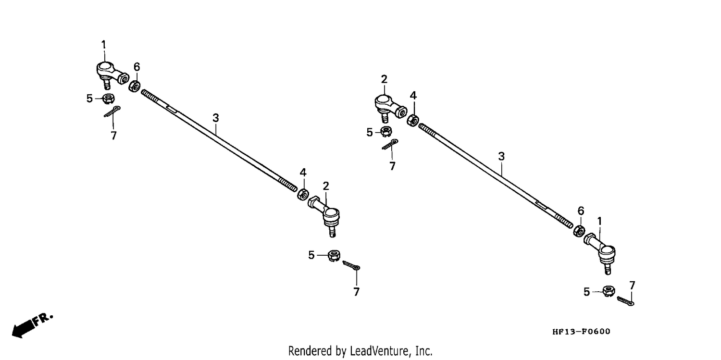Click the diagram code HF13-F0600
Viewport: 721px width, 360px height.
[x=581, y=332]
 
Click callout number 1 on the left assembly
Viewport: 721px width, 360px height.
[x=104, y=45]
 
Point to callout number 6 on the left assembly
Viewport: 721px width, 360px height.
[x=137, y=67]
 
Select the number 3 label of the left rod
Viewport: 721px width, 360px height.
[x=216, y=118]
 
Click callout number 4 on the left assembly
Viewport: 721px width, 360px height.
[x=303, y=173]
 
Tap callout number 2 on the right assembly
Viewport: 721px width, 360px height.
[x=384, y=79]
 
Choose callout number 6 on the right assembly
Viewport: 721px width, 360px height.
[x=581, y=211]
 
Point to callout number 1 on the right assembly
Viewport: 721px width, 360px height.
[x=599, y=222]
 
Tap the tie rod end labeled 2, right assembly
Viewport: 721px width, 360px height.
[x=390, y=108]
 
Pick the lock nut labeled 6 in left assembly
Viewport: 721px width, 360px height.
[x=134, y=86]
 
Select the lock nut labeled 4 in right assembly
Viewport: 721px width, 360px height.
[x=412, y=120]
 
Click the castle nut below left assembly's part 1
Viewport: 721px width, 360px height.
[x=109, y=99]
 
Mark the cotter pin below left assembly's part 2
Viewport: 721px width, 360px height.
[x=351, y=266]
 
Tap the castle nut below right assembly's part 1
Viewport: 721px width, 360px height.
[x=609, y=291]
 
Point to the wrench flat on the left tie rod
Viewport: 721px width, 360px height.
[x=171, y=108]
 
